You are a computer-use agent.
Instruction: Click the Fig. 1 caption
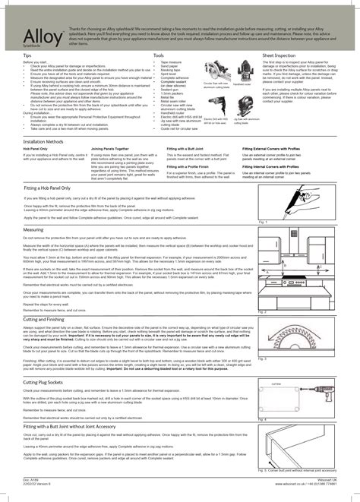pos(264,221)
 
